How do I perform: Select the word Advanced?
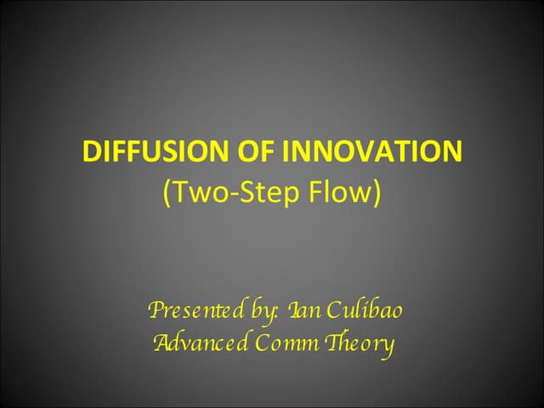click(201, 344)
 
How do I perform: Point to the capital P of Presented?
click(156, 311)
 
